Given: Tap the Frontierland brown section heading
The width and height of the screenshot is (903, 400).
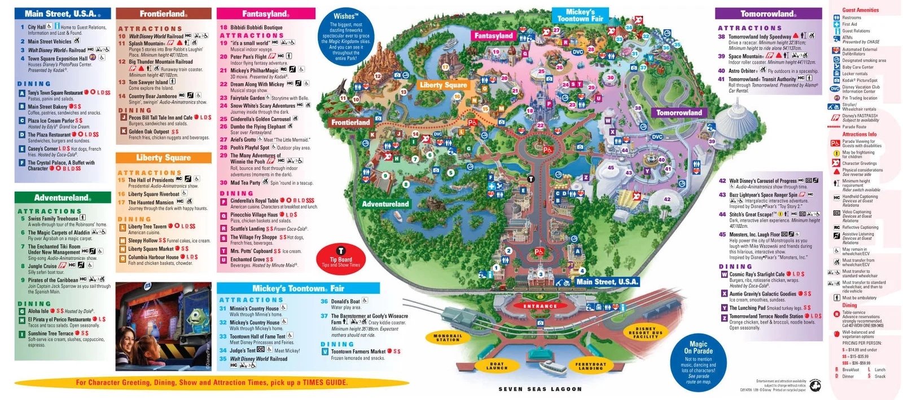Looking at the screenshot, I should tap(163, 14).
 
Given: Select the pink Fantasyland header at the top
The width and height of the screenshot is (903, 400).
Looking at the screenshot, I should tap(265, 14).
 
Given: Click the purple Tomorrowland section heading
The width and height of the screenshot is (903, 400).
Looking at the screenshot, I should tap(768, 14).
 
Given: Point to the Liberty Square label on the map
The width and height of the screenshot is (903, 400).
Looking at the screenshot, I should tap(443, 85).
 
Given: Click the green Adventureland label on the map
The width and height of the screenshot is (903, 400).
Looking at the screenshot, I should tap(385, 204).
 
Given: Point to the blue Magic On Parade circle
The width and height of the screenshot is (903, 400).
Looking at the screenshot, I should tap(698, 361).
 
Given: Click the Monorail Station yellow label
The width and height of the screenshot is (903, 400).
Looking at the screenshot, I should tap(448, 338).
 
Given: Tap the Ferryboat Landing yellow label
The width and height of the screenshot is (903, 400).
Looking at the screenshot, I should tap(590, 366).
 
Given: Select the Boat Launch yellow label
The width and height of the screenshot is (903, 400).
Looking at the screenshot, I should tap(497, 366).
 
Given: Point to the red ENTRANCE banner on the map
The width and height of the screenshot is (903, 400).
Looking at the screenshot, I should tap(540, 306).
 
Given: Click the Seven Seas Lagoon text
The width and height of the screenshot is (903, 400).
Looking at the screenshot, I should tap(540, 389).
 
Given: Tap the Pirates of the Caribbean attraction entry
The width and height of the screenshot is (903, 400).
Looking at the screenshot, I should tap(53, 280).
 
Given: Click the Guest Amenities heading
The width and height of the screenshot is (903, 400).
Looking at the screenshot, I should tap(860, 10).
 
